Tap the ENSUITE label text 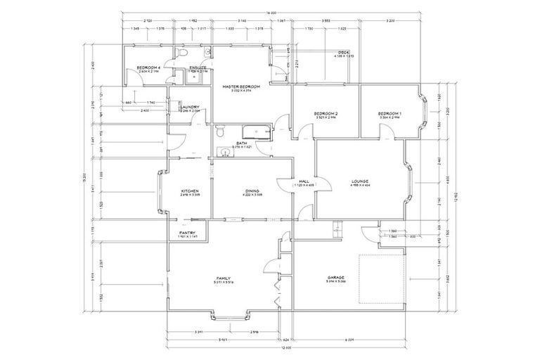pyautogui.click(x=198, y=67)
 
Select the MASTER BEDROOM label pyautogui.click(x=241, y=86)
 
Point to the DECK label pyautogui.click(x=343, y=52)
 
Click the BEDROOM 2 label pyautogui.click(x=326, y=113)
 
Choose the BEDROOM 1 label pyautogui.click(x=389, y=113)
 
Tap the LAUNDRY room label pyautogui.click(x=190, y=107)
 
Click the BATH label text pyautogui.click(x=241, y=143)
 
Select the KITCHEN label pyautogui.click(x=190, y=191)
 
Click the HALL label pyautogui.click(x=304, y=181)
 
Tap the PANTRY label pyautogui.click(x=187, y=233)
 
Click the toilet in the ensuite pyautogui.click(x=181, y=53)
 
